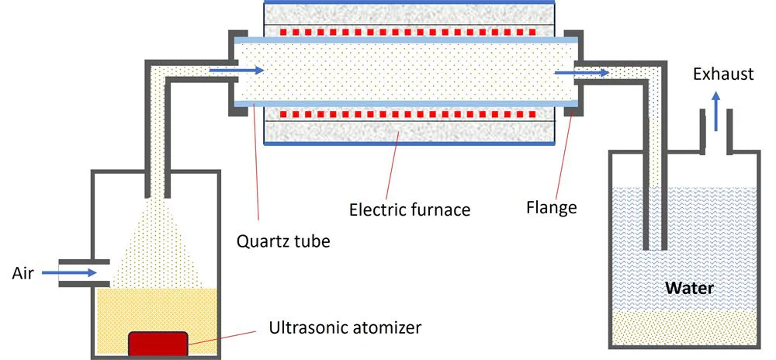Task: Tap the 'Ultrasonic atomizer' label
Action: click(x=345, y=327)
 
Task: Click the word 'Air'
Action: click(x=23, y=273)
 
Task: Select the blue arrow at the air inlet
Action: click(x=69, y=272)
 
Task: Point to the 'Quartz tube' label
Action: click(x=283, y=242)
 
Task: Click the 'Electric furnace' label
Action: click(x=410, y=209)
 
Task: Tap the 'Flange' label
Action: click(x=551, y=206)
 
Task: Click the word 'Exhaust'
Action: click(x=723, y=74)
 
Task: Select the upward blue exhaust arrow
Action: click(x=715, y=112)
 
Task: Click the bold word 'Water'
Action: click(x=689, y=288)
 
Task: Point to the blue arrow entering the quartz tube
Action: click(x=237, y=71)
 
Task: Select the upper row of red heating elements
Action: click(x=408, y=32)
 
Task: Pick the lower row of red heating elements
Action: click(x=408, y=114)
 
